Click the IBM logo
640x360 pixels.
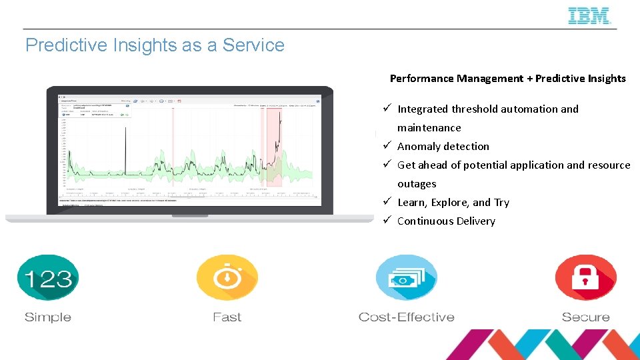(x=589, y=16)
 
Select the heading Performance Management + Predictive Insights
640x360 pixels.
(x=507, y=79)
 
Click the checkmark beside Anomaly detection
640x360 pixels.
(x=386, y=146)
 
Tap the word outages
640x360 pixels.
(x=417, y=184)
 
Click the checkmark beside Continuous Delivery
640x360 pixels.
(x=386, y=221)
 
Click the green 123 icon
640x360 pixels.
(x=47, y=278)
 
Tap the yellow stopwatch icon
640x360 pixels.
(x=227, y=278)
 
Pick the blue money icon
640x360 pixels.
(x=406, y=278)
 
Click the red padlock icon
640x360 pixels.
(x=585, y=278)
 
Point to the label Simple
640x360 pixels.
(x=47, y=317)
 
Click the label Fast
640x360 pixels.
(x=227, y=317)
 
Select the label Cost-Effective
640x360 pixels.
(x=406, y=317)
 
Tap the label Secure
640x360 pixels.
(x=585, y=317)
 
